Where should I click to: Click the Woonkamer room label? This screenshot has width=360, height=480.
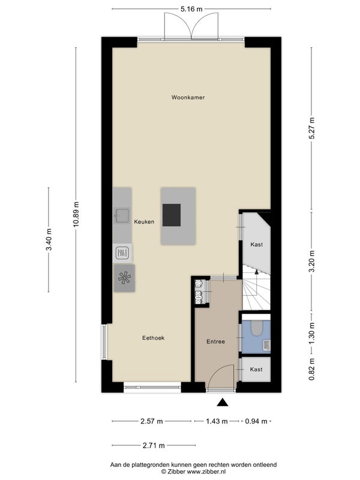click(x=188, y=97)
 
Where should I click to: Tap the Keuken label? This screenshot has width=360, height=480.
click(x=144, y=221)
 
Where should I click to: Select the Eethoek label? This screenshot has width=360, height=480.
click(x=154, y=338)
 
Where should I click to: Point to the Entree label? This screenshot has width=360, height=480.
click(x=215, y=341)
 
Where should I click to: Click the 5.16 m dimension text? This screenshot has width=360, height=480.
click(x=191, y=9)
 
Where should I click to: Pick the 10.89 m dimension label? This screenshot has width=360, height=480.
click(x=76, y=214)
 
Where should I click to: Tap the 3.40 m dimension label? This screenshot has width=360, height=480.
click(x=49, y=239)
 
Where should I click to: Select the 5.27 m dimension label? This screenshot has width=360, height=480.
click(x=311, y=128)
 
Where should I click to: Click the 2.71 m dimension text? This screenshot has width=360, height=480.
click(x=154, y=445)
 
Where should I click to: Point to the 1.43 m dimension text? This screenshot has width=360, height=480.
click(x=217, y=421)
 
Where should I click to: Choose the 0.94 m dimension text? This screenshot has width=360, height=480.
click(x=256, y=421)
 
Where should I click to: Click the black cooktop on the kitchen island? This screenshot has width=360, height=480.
click(x=172, y=215)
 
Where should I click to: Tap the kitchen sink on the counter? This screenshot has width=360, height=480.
click(x=122, y=215)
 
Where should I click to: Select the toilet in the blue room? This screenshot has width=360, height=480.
click(x=256, y=327)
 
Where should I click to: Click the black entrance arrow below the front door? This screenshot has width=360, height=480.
click(x=223, y=402)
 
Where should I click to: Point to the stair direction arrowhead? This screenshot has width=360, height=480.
click(x=257, y=271)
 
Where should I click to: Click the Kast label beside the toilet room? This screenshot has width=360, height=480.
click(x=256, y=370)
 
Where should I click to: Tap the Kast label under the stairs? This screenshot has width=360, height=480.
click(x=257, y=245)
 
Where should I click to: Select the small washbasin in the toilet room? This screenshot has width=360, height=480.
click(x=266, y=345)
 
